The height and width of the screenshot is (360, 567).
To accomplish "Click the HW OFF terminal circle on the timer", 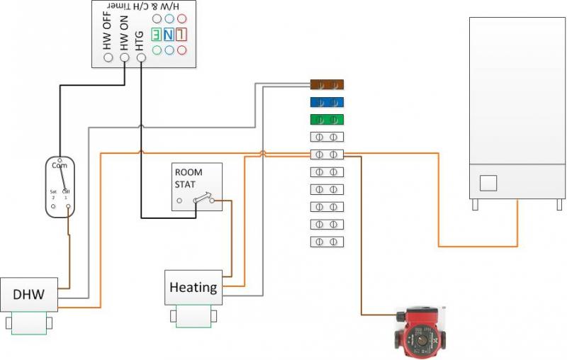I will (108, 57).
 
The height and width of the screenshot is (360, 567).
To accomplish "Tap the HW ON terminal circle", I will (125, 57).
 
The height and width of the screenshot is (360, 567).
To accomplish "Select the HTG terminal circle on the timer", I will (140, 57).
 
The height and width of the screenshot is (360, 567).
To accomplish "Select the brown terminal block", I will (327, 84).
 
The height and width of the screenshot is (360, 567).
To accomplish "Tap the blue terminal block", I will (327, 102).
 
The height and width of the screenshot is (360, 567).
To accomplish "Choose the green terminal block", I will (327, 119).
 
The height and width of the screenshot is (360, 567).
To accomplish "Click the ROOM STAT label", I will (189, 178).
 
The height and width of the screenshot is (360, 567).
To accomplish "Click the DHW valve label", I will (28, 295).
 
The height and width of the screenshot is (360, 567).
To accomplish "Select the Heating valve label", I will (193, 287).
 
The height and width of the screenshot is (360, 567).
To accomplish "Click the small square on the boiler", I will (489, 184).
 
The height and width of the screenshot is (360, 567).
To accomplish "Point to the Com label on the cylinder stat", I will (59, 165).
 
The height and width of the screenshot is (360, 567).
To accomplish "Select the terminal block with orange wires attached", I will (327, 154).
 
